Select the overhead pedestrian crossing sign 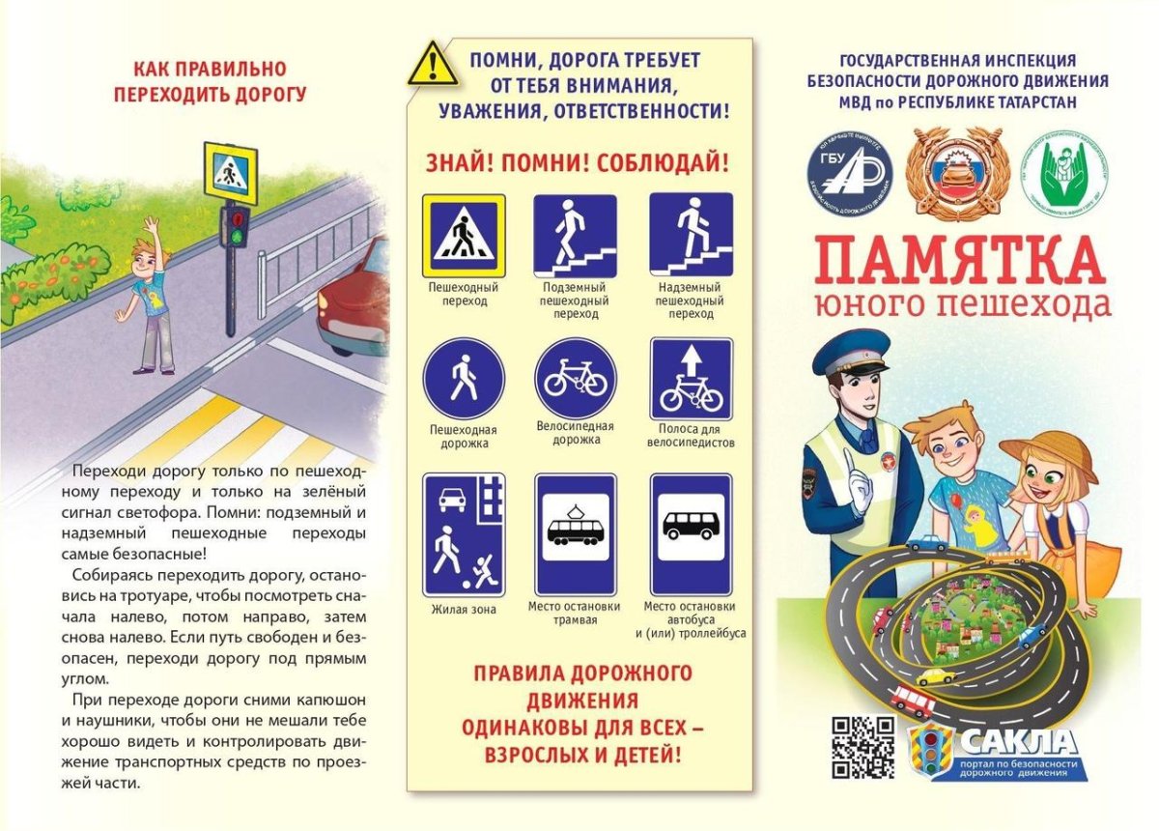[691, 235]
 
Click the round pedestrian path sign [464, 378]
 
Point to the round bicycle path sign [576, 378]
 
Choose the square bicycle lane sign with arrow [691, 379]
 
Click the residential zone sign [464, 534]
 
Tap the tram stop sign [576, 534]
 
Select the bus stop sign [691, 534]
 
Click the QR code [863, 748]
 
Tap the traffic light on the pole [233, 229]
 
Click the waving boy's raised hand [152, 228]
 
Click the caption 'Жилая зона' [463, 609]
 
